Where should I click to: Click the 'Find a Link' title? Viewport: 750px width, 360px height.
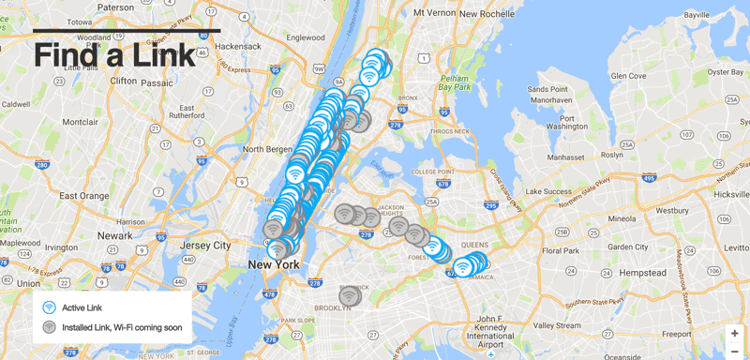click(x=114, y=53)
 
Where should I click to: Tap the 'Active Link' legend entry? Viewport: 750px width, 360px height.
click(x=82, y=307)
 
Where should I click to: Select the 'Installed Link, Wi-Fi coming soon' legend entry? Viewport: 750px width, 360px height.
click(x=121, y=328)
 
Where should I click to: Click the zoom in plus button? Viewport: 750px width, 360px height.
click(x=734, y=333)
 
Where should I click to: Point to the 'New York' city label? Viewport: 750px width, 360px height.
click(x=273, y=265)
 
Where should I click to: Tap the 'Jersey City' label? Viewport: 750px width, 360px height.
click(x=205, y=246)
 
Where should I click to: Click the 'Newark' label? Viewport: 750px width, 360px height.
click(x=114, y=235)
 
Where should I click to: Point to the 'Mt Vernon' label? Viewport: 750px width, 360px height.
click(x=434, y=14)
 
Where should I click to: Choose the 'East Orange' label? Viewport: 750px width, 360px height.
click(x=81, y=196)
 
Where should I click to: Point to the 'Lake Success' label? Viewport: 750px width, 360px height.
click(x=550, y=191)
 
